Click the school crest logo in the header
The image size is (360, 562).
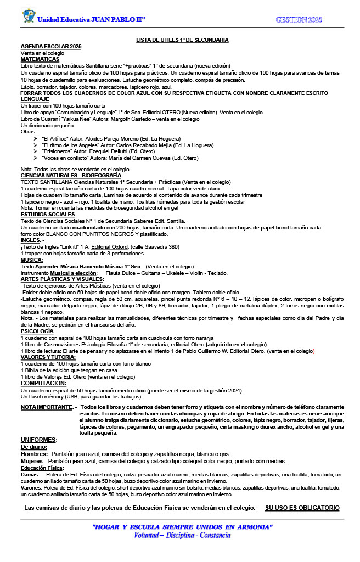tap(29, 16)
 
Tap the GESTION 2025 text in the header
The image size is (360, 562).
tap(299, 20)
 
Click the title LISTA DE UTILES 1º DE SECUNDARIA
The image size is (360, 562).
tap(182, 40)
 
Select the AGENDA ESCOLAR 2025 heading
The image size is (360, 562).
tap(50, 47)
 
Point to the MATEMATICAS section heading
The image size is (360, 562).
tap(40, 59)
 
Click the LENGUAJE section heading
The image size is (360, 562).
tap(35, 99)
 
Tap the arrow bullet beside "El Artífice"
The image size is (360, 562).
tap(36, 139)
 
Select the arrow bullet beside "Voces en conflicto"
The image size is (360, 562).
tap(36, 158)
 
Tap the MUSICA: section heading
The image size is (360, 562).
tap(32, 260)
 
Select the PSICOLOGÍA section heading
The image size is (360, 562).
tap(37, 331)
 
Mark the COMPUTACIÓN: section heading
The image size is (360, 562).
tap(43, 383)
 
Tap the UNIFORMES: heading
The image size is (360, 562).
tap(39, 440)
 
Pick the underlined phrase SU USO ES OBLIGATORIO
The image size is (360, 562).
tap(302, 508)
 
